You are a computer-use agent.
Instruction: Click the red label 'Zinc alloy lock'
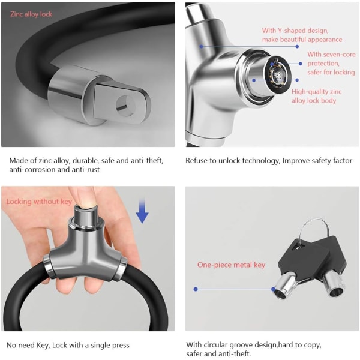click(31, 14)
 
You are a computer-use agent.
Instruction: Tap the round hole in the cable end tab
click(125, 106)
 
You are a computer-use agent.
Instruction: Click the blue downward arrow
click(142, 211)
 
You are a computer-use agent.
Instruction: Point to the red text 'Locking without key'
click(39, 202)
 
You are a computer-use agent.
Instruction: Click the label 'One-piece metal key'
click(231, 265)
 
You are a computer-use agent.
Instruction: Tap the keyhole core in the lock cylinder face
click(278, 75)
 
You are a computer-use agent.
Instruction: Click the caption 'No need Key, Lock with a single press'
click(68, 345)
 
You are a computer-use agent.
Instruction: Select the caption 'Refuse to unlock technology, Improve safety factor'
click(269, 160)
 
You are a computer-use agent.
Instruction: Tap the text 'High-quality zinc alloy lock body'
click(316, 96)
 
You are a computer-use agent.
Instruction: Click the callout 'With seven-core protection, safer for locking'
click(331, 64)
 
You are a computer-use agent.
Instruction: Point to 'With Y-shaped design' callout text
click(295, 31)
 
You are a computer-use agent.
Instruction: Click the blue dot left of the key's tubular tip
click(196, 289)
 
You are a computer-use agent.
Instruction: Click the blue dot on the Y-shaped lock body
click(202, 46)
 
